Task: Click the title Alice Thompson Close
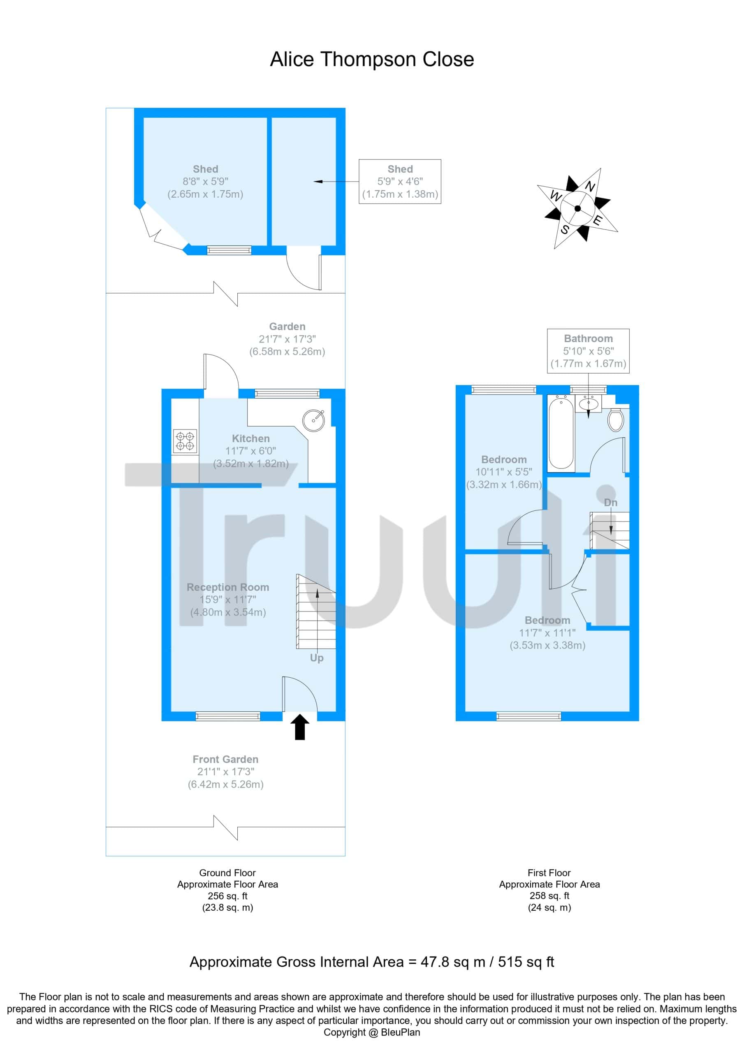coord(371,59)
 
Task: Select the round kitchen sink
coord(313,419)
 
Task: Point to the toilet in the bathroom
coord(616,419)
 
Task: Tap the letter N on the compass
coord(590,187)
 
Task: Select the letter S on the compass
coord(565,229)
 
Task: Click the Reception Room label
coord(227,587)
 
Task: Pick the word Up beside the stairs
coord(317,658)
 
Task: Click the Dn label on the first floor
coord(610,503)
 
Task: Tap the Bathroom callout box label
coord(588,338)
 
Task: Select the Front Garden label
coord(225,759)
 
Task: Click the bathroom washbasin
coord(589,403)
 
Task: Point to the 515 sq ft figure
coord(526,962)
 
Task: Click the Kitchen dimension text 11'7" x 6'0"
coord(250,451)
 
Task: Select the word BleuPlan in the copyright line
coord(401,1033)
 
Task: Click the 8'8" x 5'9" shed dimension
coord(205,181)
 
